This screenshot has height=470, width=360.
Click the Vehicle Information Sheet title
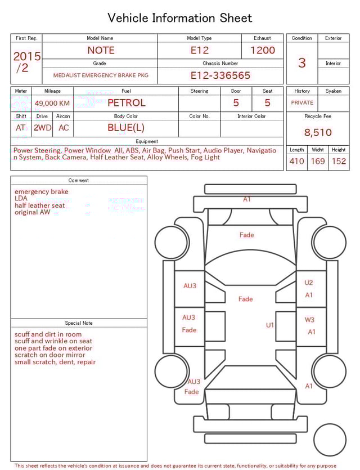click(180, 17)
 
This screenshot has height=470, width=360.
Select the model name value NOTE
click(100, 50)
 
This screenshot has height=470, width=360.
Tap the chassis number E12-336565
click(220, 75)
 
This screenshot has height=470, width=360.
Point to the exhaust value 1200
click(263, 50)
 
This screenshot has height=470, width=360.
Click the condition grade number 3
click(302, 62)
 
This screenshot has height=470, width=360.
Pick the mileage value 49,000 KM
click(52, 103)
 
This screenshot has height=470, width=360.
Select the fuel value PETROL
click(126, 103)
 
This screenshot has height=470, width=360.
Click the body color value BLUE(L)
click(126, 128)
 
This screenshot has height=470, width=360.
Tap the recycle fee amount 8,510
click(318, 133)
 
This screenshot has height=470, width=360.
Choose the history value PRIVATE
click(302, 103)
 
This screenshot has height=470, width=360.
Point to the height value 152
click(339, 162)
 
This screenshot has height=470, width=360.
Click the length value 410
click(296, 162)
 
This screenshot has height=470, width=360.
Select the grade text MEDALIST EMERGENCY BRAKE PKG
click(101, 75)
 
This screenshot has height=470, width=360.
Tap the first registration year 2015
click(26, 56)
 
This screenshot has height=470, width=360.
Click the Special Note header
click(79, 323)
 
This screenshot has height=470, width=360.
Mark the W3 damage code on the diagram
click(309, 320)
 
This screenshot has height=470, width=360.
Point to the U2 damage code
click(309, 283)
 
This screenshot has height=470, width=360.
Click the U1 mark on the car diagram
click(270, 325)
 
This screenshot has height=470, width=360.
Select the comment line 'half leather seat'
click(39, 205)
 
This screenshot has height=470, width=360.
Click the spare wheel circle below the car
click(330, 440)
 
